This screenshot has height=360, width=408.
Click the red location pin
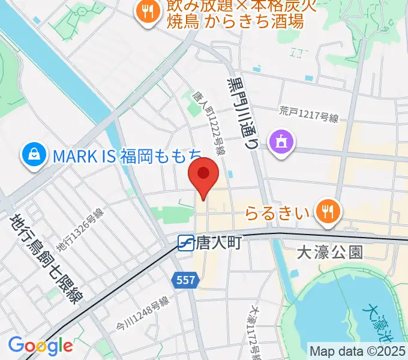tap(203, 175)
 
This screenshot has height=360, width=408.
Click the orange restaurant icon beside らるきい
tap(327, 211)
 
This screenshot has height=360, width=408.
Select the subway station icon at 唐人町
tap(185, 242)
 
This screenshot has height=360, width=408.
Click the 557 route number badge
tap(185, 279)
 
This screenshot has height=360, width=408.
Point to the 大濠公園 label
tap(330, 252)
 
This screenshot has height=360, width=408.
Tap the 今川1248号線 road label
tap(142, 313)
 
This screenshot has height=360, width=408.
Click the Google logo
tap(40, 346)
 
